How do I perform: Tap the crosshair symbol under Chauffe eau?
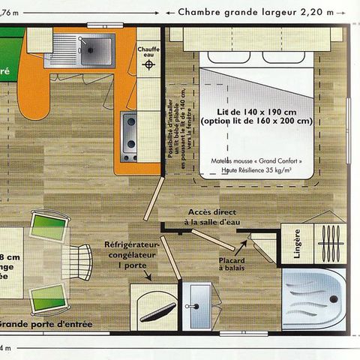[x=148, y=64]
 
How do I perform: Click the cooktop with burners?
[x=130, y=136]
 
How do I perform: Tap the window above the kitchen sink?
[x=97, y=28]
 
